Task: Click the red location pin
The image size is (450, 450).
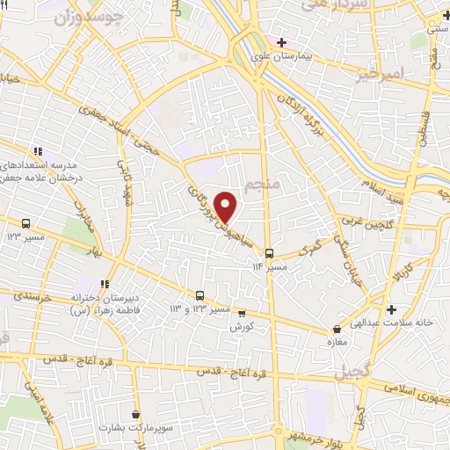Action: pos(227,206)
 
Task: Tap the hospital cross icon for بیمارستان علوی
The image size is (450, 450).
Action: pos(280,42)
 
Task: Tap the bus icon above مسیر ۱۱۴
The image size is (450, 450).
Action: pos(270,251)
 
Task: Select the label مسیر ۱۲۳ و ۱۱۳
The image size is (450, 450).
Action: pos(199,309)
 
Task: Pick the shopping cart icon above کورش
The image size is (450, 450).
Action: pos(241,313)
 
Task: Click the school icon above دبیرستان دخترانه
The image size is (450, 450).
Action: pos(105,284)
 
